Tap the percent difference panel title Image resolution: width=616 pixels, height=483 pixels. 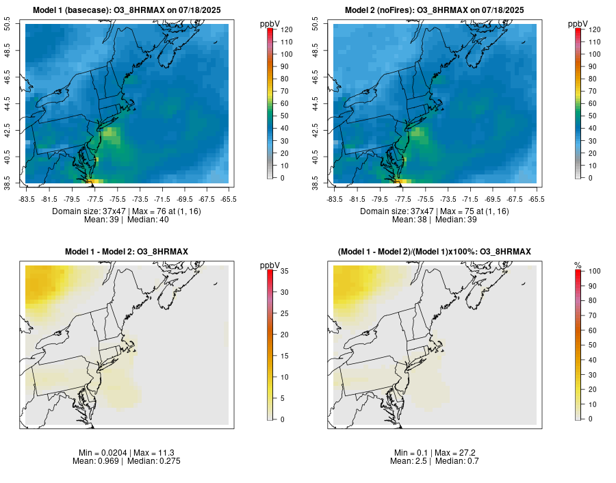point(435,252)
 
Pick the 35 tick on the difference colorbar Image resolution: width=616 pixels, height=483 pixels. point(283,271)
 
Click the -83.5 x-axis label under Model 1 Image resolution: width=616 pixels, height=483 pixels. point(27,199)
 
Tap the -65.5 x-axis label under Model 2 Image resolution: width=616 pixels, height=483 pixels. point(537,199)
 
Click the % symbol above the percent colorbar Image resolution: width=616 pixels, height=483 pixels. point(578,265)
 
